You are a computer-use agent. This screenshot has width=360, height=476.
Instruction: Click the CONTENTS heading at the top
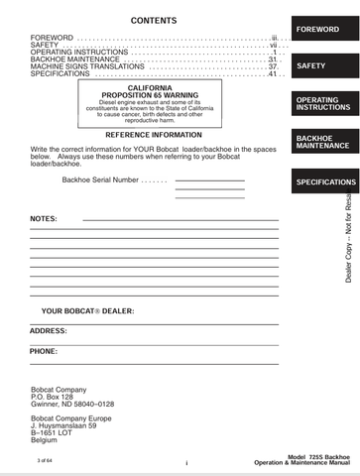[154, 21]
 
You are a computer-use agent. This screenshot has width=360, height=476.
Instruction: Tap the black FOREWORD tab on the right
[323, 30]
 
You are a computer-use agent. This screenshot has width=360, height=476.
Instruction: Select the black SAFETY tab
[323, 66]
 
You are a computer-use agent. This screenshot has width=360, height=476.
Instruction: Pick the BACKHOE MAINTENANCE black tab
[323, 141]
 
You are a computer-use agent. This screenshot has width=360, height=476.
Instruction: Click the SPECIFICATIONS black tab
[323, 182]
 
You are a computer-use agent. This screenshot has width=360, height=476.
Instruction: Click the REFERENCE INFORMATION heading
[153, 134]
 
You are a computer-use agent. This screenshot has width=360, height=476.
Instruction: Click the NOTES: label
[44, 218]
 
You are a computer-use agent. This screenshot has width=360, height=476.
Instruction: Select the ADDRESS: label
[49, 330]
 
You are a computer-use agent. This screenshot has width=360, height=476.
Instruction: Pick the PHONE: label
[44, 351]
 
